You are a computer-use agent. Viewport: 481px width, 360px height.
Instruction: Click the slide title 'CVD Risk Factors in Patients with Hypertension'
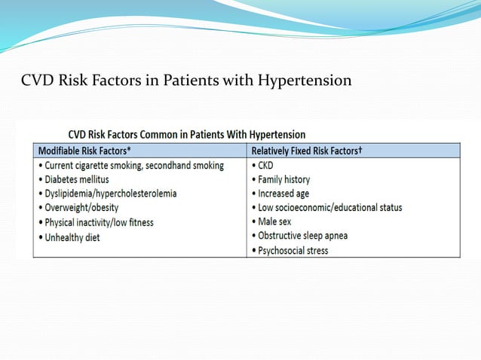click(186, 80)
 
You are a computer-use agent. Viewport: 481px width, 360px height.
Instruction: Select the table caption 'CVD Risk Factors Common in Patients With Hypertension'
click(187, 135)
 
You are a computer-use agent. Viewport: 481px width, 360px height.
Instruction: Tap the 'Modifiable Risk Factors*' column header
click(84, 149)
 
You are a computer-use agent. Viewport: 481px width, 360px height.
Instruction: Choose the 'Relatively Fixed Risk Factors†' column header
click(307, 149)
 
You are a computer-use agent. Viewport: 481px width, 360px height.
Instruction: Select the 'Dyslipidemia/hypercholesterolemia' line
click(109, 194)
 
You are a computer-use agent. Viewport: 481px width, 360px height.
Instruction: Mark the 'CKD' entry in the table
click(266, 165)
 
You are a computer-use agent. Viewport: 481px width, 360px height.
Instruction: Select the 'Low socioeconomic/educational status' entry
click(328, 208)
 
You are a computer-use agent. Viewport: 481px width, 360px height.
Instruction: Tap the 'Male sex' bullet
click(273, 222)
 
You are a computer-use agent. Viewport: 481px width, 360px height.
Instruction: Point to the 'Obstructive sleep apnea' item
click(302, 236)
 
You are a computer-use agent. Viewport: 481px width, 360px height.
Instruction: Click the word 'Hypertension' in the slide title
click(305, 80)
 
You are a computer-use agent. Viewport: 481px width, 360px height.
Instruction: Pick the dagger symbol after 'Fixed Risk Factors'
click(360, 148)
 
